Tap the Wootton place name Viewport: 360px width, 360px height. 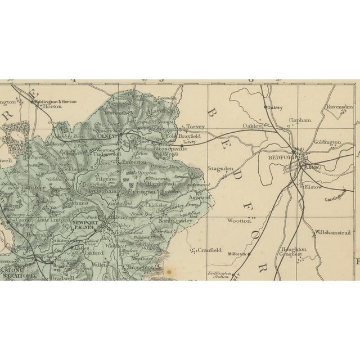coord(238,221)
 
